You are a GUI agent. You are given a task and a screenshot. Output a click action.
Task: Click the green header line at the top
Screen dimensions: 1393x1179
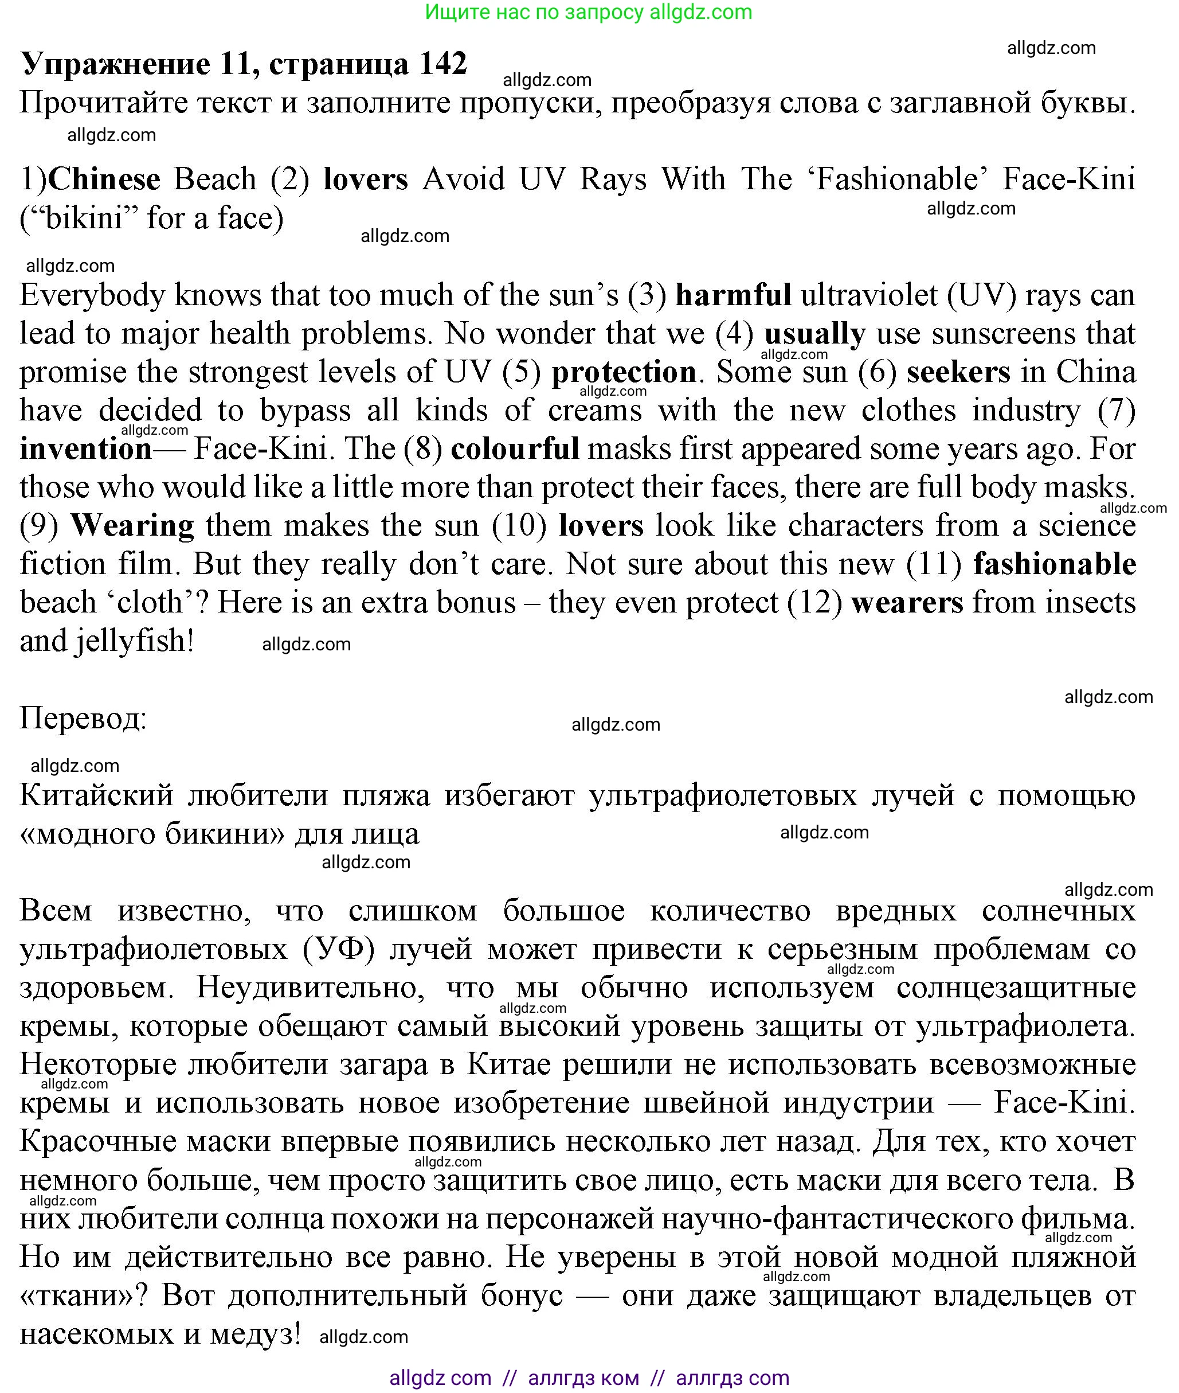588,12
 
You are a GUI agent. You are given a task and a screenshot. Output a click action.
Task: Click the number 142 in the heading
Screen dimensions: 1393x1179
442,64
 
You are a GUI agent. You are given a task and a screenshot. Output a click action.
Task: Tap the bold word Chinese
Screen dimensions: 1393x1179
104,180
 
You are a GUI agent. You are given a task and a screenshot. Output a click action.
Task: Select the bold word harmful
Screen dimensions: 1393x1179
733,295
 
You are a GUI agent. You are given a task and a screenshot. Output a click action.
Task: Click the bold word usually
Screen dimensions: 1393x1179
814,334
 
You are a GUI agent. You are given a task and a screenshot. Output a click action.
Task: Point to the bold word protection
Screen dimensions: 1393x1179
624,372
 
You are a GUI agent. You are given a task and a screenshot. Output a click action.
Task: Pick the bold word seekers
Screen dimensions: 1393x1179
958,372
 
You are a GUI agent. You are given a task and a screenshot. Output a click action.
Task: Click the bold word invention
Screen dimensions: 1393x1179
85,448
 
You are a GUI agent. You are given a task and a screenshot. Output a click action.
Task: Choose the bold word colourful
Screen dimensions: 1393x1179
515,448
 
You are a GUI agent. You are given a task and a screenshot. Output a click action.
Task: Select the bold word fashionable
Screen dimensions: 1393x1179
1055,564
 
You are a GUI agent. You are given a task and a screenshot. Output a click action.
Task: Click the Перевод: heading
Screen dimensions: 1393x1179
83,719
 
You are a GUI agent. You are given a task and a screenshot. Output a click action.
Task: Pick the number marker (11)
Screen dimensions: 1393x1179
934,564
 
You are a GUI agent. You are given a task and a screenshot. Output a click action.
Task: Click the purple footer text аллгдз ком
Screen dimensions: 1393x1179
583,1378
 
